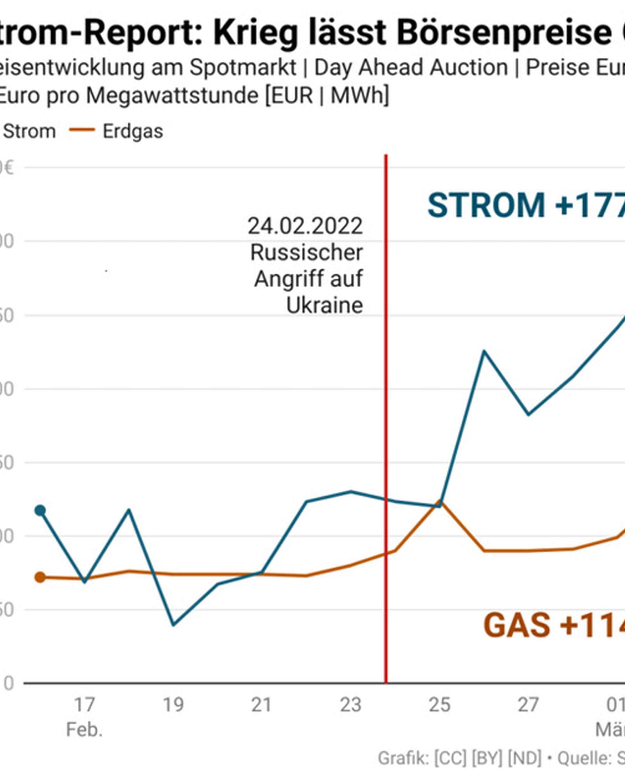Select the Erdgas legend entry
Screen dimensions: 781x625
133,131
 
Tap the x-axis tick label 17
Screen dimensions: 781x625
84,705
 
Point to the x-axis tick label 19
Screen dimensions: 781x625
173,705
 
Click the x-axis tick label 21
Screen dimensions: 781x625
261,705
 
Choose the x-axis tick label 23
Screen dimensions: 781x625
350,705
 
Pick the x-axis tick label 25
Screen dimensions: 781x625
440,705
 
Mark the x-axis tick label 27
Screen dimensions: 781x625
528,705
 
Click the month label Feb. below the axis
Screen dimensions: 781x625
84,730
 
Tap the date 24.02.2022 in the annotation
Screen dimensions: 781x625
305,226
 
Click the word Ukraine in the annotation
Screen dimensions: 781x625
325,305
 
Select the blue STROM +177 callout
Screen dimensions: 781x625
525,205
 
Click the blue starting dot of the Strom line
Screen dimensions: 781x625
40,510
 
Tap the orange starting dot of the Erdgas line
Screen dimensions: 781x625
40,577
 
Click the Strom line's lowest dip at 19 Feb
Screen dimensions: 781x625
174,625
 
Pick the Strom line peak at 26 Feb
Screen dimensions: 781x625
484,351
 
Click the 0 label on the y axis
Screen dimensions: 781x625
9,683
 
